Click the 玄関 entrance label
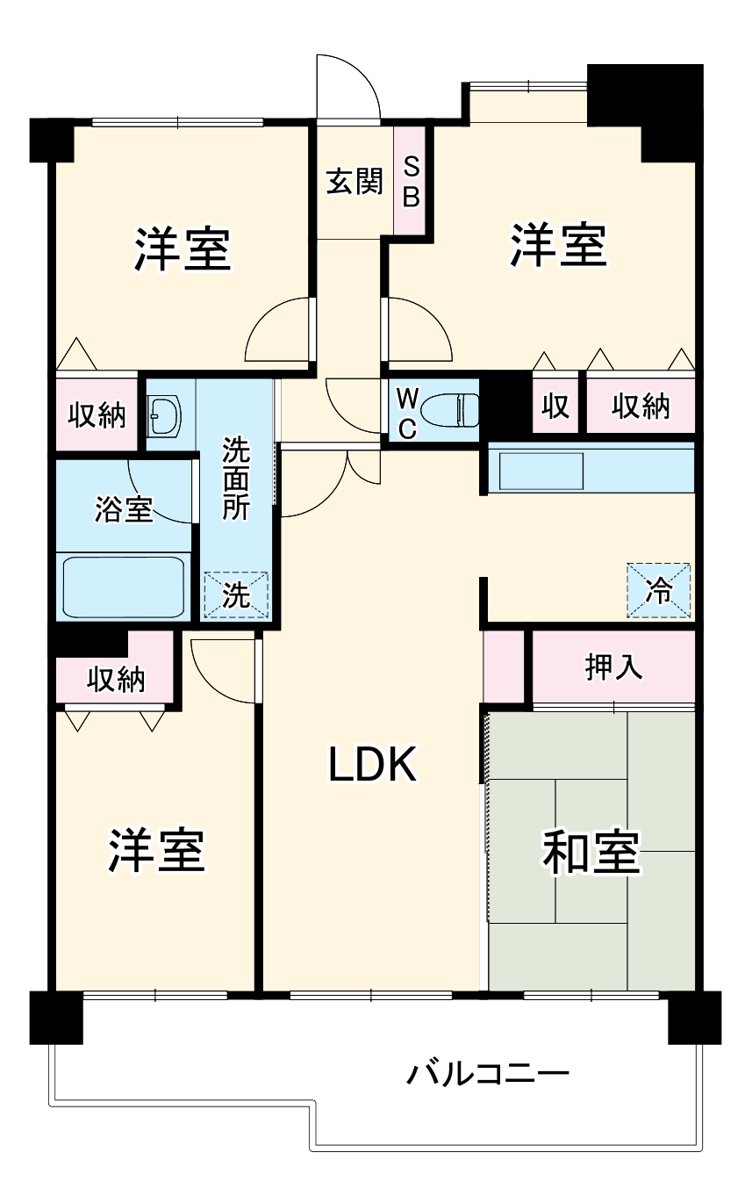click(355, 181)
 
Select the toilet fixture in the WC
click(450, 411)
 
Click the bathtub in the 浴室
click(124, 587)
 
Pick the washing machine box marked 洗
click(236, 594)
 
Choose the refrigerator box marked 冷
click(658, 590)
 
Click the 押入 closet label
click(613, 667)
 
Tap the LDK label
click(373, 764)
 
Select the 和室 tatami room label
click(591, 852)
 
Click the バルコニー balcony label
click(487, 1074)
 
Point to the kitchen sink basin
click(541, 471)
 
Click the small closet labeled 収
click(555, 406)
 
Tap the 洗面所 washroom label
click(236, 479)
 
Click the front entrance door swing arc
click(348, 86)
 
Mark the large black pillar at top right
click(645, 112)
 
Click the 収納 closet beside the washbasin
click(97, 414)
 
